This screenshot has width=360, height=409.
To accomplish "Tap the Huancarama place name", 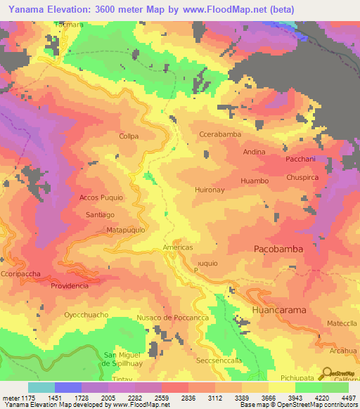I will [x=280, y=309].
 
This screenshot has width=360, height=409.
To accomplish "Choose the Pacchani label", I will [x=303, y=159].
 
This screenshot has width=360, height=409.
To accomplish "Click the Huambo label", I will [x=255, y=181].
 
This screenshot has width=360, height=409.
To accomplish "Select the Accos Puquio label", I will [x=101, y=197].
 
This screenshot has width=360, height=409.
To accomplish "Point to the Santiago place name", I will [x=100, y=214].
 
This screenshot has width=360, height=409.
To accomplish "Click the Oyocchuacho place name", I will [x=86, y=315].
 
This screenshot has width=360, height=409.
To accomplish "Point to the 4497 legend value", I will [x=348, y=398].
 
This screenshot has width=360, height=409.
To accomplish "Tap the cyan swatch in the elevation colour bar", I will [x=41, y=387].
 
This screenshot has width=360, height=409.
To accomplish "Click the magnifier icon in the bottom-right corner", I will [x=328, y=375].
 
